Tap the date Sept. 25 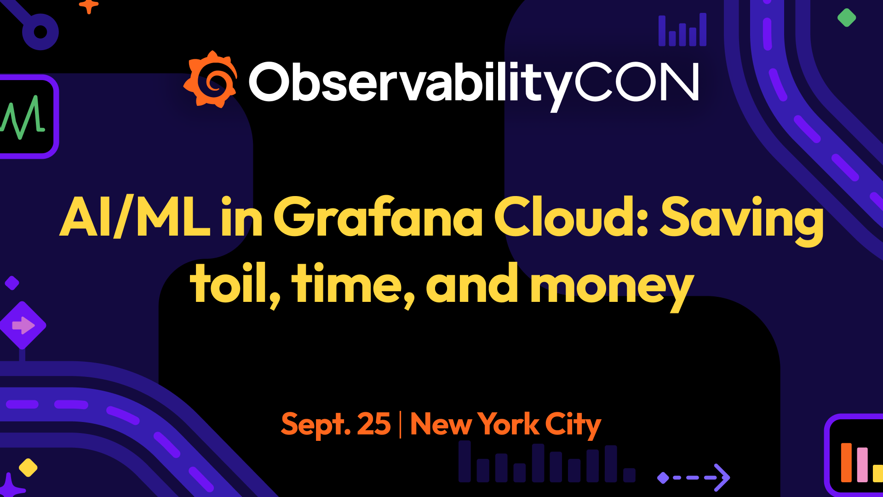click(336, 424)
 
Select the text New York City click(505, 424)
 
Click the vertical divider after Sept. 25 click(400, 424)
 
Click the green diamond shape click(846, 18)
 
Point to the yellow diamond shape click(28, 468)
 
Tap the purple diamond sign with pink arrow click(23, 325)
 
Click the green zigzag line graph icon click(23, 118)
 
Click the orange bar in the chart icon click(846, 462)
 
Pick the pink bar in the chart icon click(862, 465)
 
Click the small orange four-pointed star click(89, 6)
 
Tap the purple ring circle click(40, 32)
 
